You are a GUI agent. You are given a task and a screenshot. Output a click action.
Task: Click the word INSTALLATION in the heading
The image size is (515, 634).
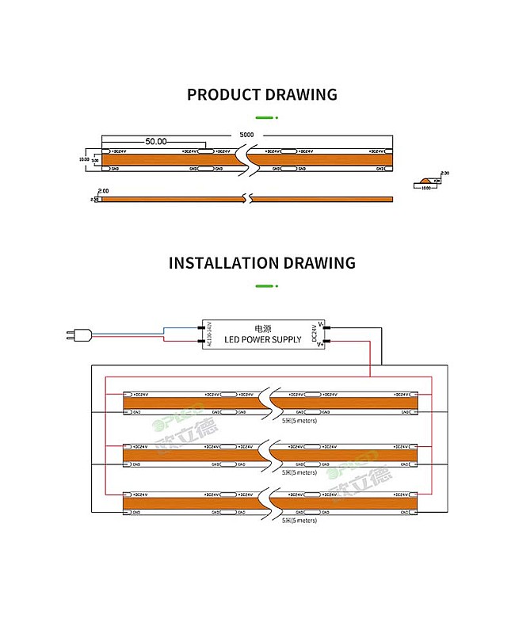click(x=223, y=263)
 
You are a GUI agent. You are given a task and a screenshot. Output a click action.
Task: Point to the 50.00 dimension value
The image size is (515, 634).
click(x=155, y=142)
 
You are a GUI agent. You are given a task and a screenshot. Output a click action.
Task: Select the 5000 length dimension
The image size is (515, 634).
click(x=247, y=135)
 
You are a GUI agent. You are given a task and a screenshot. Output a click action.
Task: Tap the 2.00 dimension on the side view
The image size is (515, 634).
click(x=103, y=191)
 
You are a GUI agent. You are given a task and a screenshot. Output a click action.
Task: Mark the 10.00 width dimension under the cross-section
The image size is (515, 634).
click(x=425, y=189)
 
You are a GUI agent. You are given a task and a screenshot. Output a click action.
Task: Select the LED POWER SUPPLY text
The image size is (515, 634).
click(x=262, y=339)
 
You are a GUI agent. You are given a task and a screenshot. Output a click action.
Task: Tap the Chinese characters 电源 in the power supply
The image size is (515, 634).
click(x=262, y=327)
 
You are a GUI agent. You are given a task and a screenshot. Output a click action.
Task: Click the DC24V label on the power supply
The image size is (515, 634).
click(x=315, y=332)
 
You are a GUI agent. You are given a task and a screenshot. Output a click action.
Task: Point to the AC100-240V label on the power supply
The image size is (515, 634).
click(x=209, y=333)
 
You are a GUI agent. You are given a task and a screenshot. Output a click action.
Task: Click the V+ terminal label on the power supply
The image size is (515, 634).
click(x=320, y=345)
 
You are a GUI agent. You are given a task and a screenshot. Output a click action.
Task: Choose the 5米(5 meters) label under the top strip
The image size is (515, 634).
click(x=299, y=421)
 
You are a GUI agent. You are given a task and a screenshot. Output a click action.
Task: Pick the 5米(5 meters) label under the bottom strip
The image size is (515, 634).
click(x=299, y=521)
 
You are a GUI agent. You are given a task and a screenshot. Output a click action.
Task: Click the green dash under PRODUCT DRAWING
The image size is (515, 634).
click(x=262, y=118)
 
